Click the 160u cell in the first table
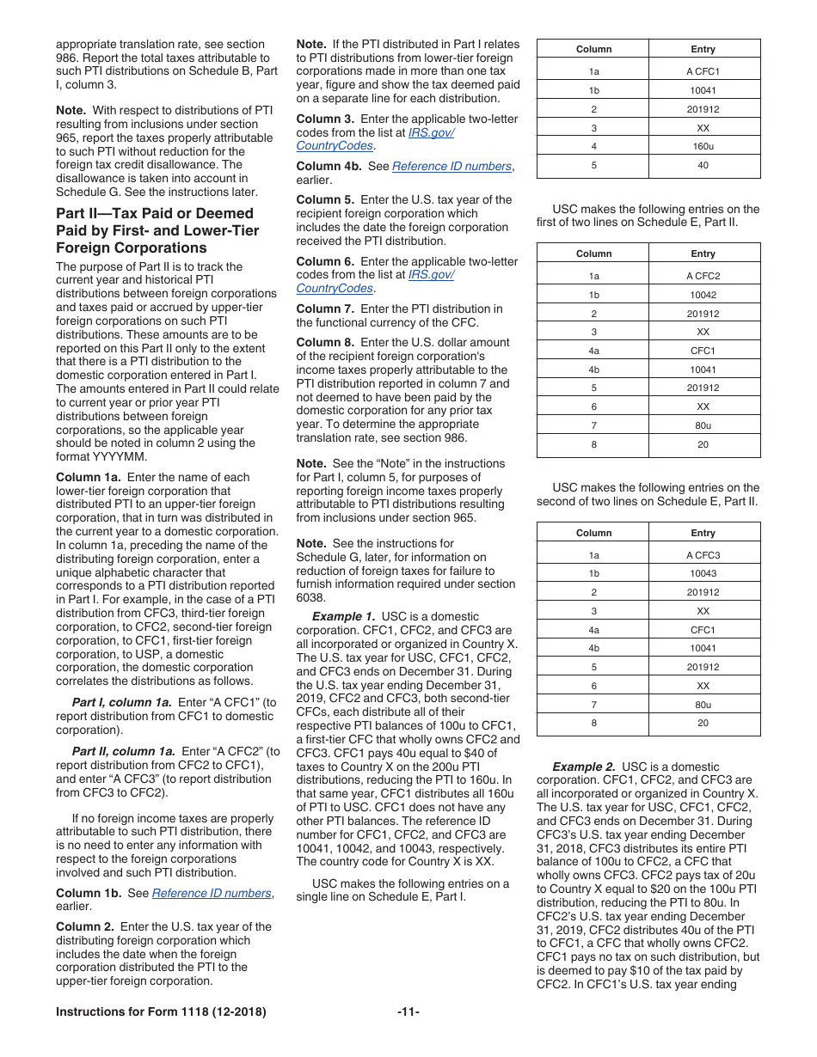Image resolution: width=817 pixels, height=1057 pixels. click(x=703, y=147)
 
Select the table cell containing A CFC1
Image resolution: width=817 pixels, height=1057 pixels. click(x=703, y=71)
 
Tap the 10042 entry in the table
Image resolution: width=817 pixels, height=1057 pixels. click(x=703, y=295)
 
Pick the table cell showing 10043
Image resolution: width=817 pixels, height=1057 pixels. click(x=703, y=573)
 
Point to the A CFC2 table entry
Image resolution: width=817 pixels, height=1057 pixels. click(x=703, y=276)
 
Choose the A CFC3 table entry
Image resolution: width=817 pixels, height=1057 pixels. click(x=703, y=555)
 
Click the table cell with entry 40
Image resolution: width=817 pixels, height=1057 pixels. click(x=703, y=166)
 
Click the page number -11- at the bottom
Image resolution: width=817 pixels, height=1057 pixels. click(x=408, y=1011)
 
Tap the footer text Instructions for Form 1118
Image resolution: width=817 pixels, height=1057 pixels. click(x=161, y=1011)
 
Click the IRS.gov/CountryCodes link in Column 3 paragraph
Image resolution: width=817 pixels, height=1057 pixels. click(x=375, y=139)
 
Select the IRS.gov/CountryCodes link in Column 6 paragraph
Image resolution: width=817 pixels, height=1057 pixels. click(x=375, y=282)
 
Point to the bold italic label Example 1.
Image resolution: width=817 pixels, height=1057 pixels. click(x=343, y=616)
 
